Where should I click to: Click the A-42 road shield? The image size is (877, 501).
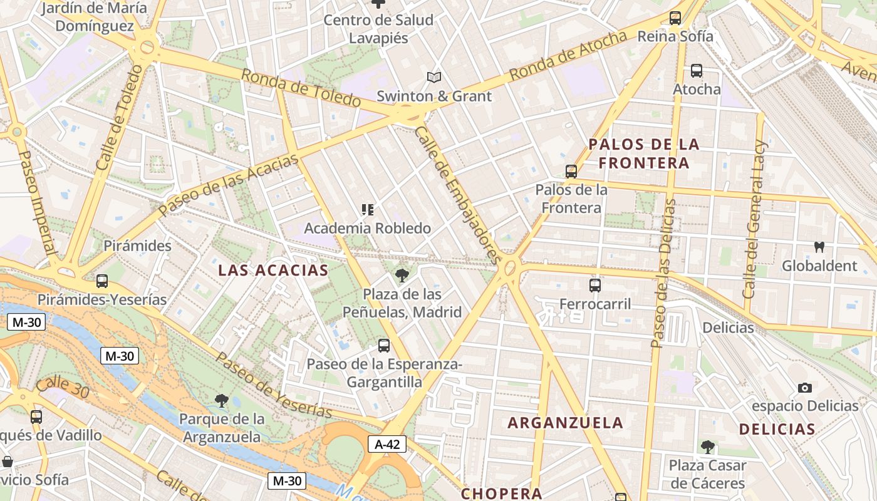387,445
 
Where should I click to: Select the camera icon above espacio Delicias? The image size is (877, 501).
805,388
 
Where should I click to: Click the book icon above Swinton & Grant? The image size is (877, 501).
434,78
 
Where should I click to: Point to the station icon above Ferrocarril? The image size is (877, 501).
595,286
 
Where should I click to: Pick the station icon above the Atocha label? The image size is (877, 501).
697,71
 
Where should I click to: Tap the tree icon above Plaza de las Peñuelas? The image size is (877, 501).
402,275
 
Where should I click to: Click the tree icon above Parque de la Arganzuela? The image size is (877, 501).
221,400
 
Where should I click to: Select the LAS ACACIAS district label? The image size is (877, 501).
273,270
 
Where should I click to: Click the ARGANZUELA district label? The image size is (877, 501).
565,423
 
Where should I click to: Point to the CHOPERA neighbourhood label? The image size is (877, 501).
501,493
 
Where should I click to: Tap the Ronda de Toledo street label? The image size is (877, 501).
301,88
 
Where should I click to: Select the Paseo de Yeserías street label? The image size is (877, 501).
274,386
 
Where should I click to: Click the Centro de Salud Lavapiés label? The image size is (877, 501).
378,29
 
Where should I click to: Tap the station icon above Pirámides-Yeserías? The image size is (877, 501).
102,281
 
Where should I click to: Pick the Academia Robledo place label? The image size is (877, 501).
368,229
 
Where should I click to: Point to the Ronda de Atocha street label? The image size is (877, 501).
568,55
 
